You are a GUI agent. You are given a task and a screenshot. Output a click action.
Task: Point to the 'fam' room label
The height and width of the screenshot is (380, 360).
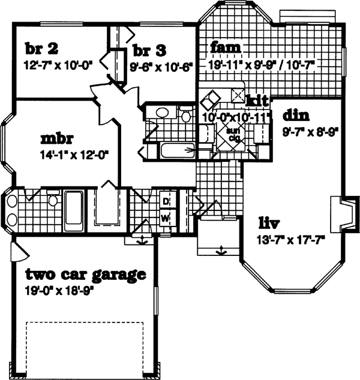(x=225, y=47)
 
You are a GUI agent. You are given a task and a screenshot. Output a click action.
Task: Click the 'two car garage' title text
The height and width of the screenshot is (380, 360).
(x=85, y=275)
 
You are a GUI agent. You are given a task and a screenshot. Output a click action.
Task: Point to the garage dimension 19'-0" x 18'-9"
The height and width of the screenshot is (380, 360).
(x=60, y=291)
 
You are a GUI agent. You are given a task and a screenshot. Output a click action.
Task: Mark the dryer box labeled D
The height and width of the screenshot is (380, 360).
(x=164, y=201)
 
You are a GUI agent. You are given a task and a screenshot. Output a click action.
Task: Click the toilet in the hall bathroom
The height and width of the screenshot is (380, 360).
(x=185, y=114)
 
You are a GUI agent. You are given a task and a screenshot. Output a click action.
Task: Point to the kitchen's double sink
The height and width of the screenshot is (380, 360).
(x=211, y=98)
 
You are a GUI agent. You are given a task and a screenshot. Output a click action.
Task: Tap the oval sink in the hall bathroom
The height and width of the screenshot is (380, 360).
(x=160, y=112)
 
